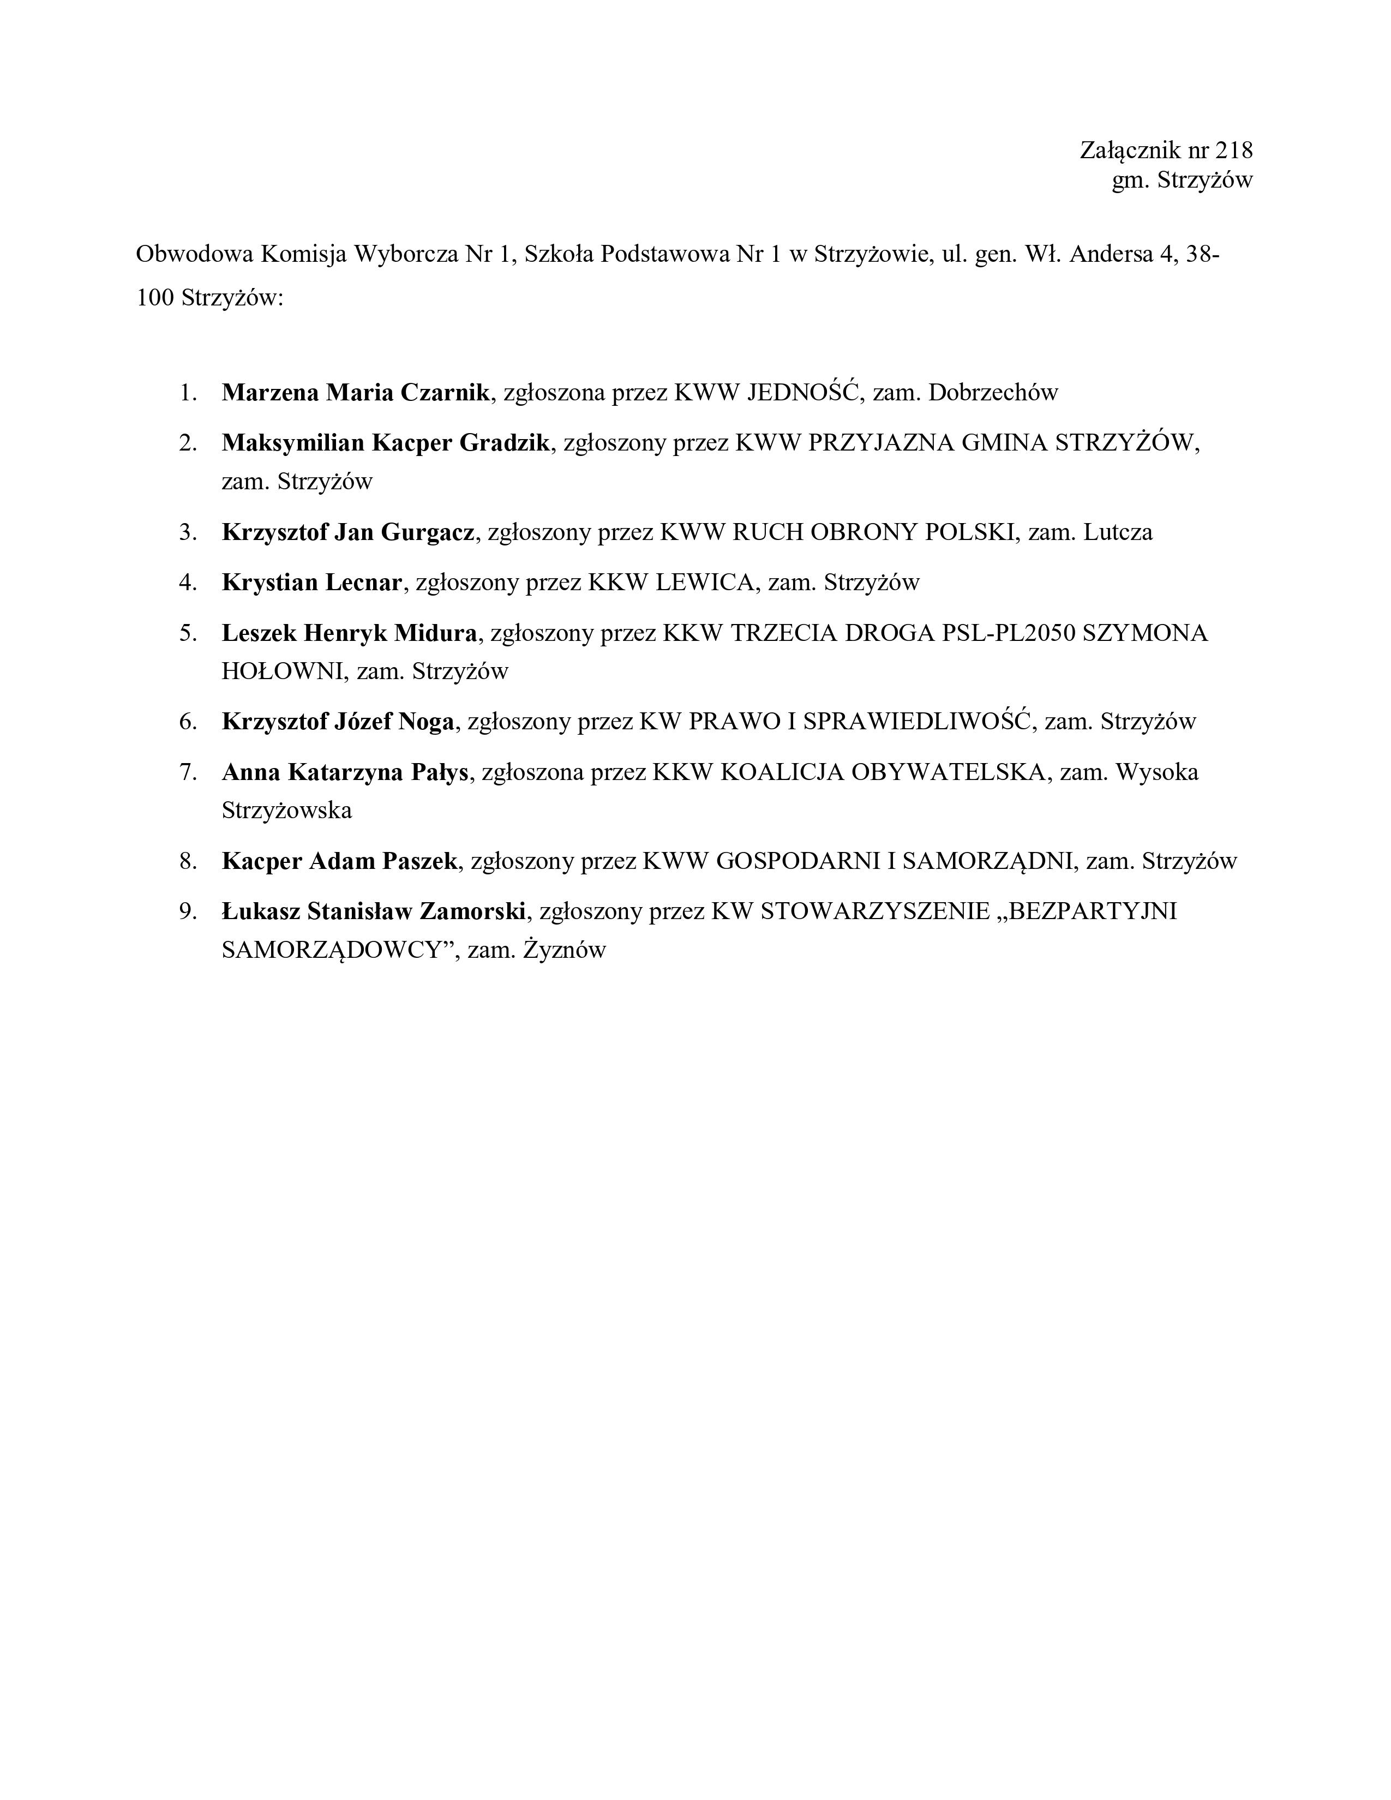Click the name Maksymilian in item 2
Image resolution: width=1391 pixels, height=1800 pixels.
[x=292, y=443]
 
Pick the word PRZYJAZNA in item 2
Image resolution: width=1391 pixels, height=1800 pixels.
[x=880, y=443]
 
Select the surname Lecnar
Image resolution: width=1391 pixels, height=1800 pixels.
[x=363, y=583]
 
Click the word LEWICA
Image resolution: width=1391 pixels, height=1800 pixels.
[x=705, y=583]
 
